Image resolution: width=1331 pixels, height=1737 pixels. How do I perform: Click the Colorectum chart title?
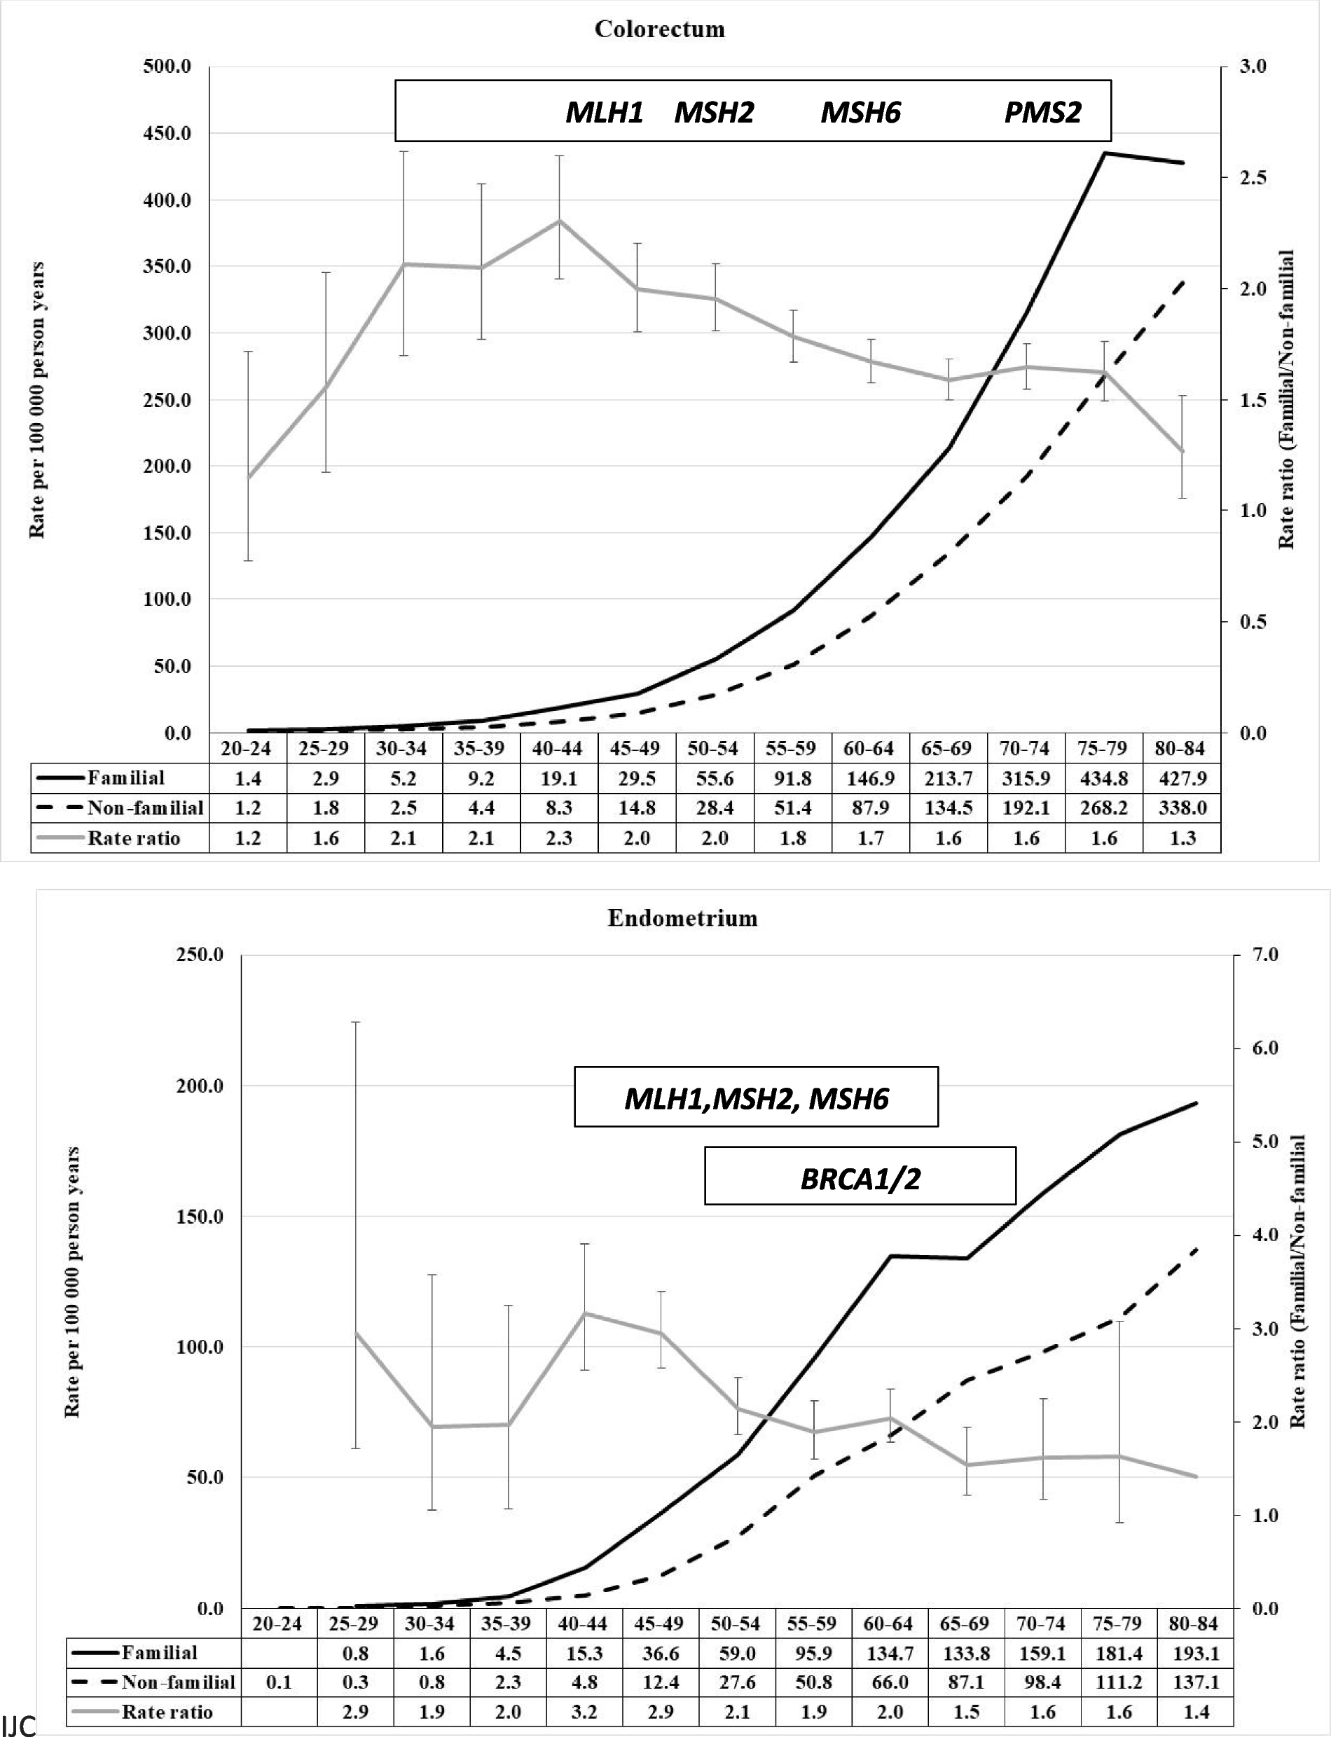(659, 30)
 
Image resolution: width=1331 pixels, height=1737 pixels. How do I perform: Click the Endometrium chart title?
(682, 919)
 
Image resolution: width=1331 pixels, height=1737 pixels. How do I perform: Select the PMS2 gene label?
(1042, 113)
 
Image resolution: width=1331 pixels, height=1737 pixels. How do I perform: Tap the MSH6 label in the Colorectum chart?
(860, 113)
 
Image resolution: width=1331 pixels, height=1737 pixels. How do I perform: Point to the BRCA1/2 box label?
(860, 1179)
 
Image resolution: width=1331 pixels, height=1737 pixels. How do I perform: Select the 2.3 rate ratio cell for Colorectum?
(558, 838)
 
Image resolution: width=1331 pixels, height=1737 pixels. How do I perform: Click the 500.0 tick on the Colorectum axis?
(167, 67)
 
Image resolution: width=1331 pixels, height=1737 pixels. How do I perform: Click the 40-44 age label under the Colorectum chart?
(558, 749)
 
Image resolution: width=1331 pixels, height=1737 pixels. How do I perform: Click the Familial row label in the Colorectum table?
(126, 778)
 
